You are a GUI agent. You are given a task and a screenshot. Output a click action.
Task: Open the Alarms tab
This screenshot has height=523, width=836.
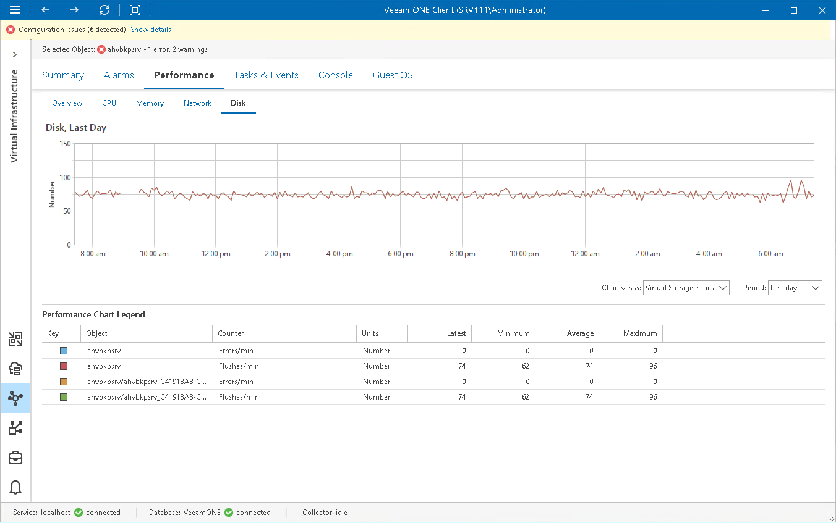[119, 75]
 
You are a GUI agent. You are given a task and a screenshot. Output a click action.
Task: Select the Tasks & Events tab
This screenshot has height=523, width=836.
[266, 75]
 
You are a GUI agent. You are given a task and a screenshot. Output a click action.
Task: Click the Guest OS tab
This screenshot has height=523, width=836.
[393, 75]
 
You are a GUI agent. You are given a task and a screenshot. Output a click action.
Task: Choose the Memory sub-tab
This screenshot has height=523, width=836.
[150, 103]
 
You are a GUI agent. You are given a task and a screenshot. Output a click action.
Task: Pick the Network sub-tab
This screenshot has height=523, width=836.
[197, 103]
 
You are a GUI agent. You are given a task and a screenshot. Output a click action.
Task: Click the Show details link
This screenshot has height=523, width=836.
[151, 30]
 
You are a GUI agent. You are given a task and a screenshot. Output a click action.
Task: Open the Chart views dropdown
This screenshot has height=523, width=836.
[686, 288]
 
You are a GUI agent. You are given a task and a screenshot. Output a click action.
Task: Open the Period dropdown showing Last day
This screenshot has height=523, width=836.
[795, 288]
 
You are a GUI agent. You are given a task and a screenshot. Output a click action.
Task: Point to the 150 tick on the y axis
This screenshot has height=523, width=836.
[64, 144]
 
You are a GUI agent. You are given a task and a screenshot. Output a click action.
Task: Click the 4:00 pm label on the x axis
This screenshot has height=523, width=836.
[339, 254]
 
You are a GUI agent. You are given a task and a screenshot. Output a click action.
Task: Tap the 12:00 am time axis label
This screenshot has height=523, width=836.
[586, 254]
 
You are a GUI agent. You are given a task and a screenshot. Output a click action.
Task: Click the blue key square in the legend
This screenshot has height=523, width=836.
[64, 351]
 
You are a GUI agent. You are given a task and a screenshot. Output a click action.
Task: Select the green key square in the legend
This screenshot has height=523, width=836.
[64, 397]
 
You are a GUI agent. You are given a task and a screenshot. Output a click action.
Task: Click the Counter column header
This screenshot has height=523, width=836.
[231, 333]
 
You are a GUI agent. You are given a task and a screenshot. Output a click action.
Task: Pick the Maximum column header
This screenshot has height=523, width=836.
[640, 333]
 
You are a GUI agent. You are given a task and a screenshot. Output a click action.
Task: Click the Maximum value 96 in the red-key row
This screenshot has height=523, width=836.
[652, 366]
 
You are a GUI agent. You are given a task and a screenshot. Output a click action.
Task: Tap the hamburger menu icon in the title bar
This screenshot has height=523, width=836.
[15, 10]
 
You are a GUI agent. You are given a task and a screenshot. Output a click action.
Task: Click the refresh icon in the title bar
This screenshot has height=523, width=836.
[105, 10]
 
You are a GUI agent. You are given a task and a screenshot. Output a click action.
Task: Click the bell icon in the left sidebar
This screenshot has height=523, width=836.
[15, 487]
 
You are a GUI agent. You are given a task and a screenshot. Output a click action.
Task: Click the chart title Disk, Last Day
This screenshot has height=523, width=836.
[76, 128]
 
